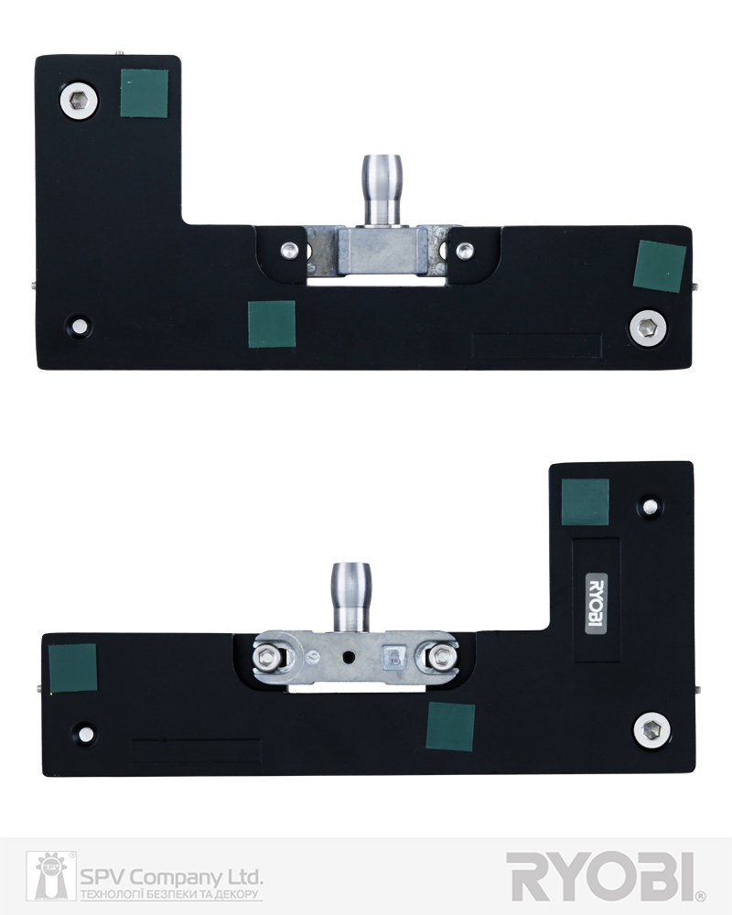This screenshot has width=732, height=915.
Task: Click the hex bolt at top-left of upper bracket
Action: pos(79,102)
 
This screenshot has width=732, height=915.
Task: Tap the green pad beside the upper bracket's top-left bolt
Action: pos(145,93)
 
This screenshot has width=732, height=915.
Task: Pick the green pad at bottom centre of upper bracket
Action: pos(272,325)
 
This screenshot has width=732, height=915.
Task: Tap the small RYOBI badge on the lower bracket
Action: pos(596,603)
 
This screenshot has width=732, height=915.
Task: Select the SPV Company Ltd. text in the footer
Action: pos(171,877)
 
